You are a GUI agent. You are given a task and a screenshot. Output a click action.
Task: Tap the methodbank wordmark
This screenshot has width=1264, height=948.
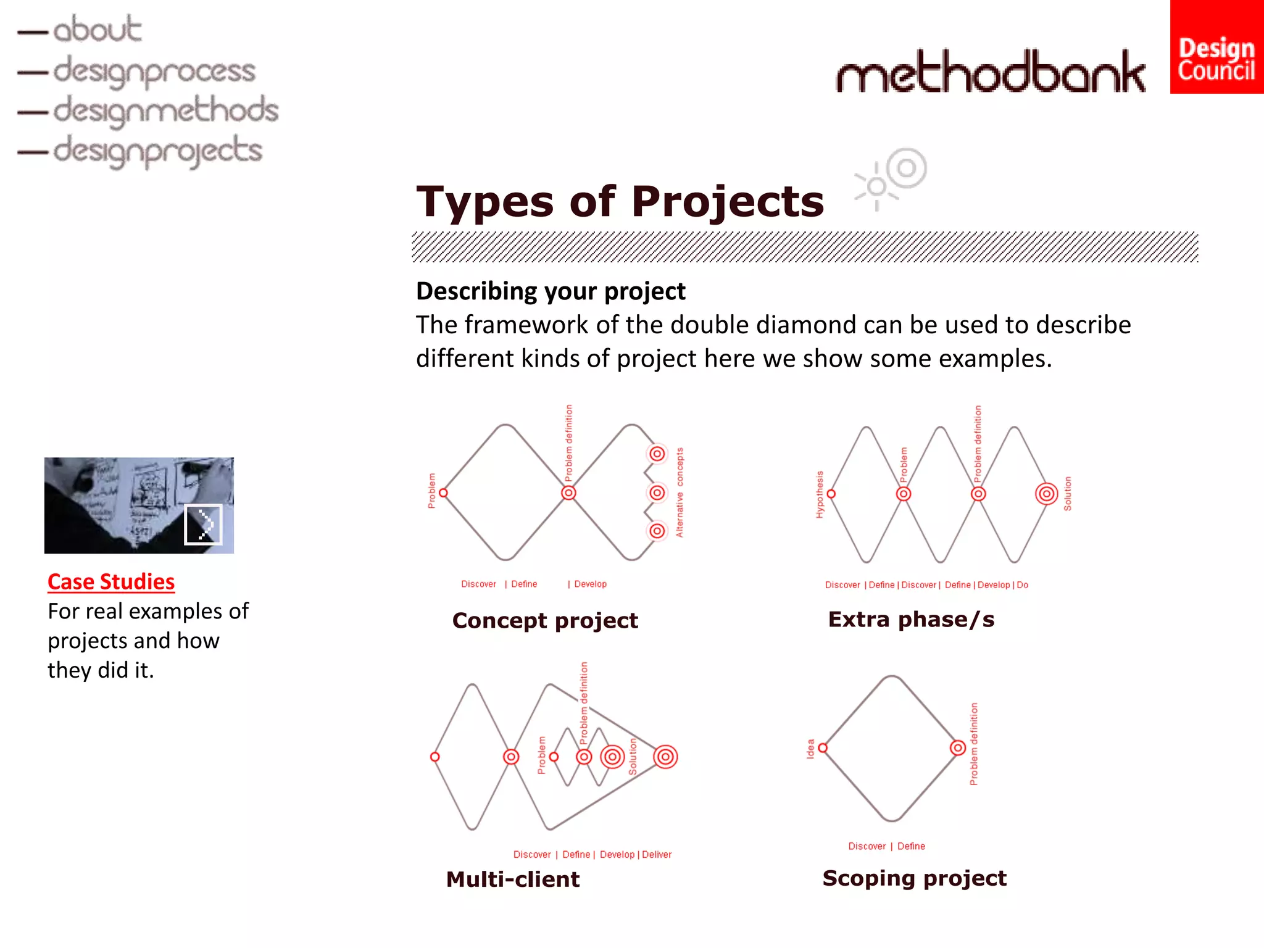point(991,72)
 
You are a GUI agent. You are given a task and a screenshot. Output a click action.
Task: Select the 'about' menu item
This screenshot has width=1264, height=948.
point(97,30)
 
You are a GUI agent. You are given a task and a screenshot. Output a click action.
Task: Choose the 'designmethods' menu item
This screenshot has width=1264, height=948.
point(165,110)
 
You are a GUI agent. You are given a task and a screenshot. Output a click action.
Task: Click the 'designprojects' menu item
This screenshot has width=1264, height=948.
point(157,151)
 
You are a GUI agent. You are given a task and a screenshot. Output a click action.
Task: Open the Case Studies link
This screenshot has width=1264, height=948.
point(111,581)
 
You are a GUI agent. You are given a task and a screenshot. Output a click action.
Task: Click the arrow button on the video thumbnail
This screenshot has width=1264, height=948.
point(204,525)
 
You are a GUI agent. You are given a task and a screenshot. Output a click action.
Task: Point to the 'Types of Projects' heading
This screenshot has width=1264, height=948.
point(620,202)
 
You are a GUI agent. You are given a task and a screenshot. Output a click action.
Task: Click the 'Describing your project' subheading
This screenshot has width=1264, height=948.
point(551,291)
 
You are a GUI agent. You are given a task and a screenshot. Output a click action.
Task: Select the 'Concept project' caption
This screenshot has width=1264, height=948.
point(545,620)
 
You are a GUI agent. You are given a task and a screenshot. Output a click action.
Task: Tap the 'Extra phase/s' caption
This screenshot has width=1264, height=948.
point(911,619)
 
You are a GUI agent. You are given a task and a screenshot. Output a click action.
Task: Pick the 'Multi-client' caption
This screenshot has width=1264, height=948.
point(513,879)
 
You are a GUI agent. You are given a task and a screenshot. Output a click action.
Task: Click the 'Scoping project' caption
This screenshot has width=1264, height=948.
point(914,878)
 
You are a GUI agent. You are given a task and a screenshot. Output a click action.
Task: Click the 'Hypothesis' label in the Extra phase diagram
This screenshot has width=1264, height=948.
point(820,494)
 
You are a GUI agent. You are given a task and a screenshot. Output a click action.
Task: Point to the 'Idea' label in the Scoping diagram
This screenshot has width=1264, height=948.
point(810,748)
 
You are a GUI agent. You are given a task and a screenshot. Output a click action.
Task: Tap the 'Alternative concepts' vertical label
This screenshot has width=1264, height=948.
point(680,493)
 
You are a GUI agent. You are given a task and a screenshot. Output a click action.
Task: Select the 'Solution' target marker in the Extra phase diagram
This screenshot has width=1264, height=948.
point(1046,494)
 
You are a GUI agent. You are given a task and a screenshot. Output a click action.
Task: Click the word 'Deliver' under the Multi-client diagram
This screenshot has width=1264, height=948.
point(657,855)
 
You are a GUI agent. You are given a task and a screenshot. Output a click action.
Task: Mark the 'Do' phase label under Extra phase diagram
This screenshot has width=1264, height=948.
point(1023,585)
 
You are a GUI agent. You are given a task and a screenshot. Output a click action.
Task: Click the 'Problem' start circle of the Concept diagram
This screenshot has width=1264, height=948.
point(443,493)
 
